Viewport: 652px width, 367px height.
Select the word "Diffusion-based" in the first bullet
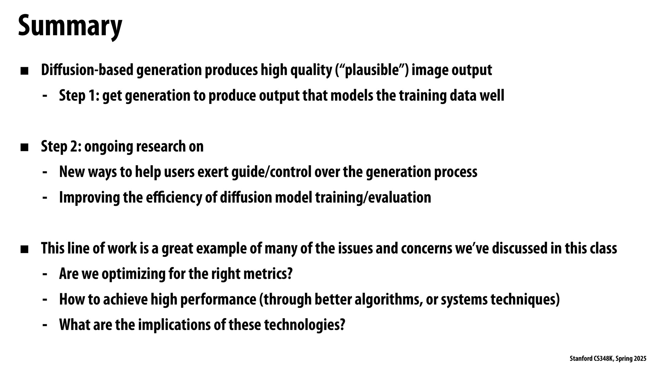tap(87, 70)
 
